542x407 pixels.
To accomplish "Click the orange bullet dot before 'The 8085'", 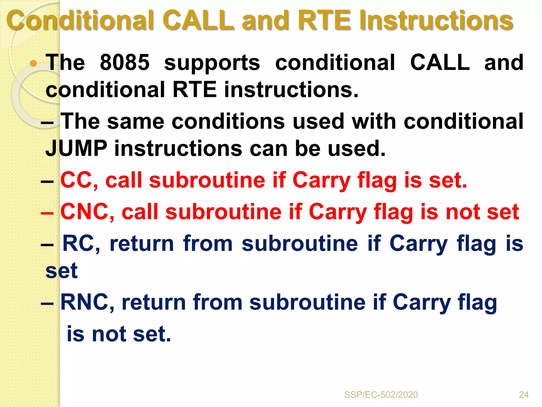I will click(33, 63).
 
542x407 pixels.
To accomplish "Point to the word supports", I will click(212, 63).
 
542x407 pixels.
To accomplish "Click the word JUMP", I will click(76, 148).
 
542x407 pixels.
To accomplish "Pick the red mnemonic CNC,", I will click(87, 212).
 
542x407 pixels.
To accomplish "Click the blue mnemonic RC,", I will click(81, 244).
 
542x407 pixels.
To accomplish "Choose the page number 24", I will click(524, 395).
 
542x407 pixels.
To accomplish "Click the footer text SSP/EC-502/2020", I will click(381, 395).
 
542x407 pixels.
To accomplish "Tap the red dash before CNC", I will click(48, 213).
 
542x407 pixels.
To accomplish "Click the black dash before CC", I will click(48, 181).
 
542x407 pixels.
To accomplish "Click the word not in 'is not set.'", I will click(109, 334).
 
